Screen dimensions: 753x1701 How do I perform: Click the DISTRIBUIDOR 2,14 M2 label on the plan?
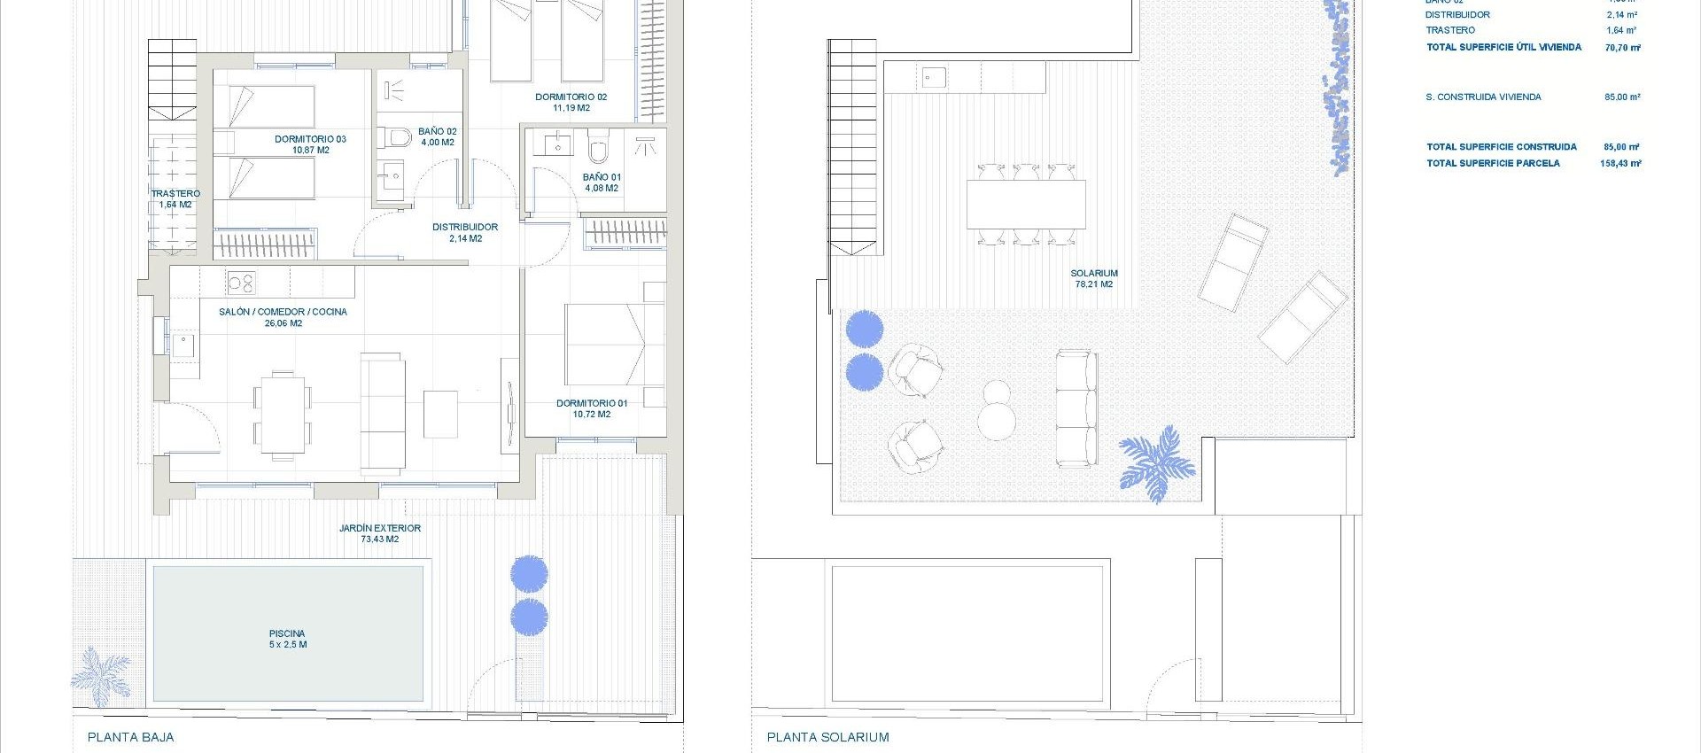[x=465, y=232]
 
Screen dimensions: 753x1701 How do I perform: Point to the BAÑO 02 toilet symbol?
[x=399, y=137]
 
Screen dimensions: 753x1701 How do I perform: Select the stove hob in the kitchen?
[x=241, y=283]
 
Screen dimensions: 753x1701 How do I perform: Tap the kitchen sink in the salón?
[x=183, y=344]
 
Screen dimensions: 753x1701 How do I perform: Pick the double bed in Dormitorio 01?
[x=614, y=345]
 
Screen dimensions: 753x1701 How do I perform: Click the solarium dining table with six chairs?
[x=1026, y=205]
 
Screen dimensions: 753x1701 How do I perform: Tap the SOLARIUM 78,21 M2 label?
[x=1094, y=278]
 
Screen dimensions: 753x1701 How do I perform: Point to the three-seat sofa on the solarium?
[x=1076, y=408]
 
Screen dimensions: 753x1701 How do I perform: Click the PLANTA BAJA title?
[x=131, y=737]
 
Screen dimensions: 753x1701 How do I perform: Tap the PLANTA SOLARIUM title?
[x=827, y=737]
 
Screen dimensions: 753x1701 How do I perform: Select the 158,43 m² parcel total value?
[x=1620, y=163]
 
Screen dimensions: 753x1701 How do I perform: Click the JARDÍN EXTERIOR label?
[x=379, y=533]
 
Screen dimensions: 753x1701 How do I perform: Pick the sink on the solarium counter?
[x=933, y=77]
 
